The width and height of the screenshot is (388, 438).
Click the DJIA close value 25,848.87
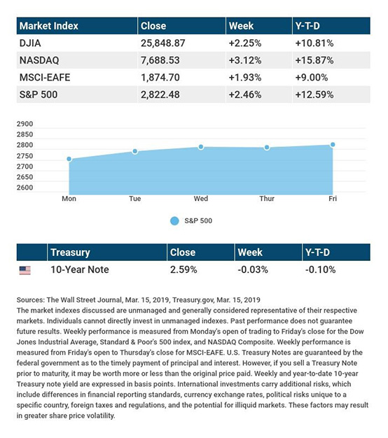pyautogui.click(x=162, y=43)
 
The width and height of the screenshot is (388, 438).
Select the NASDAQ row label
pyautogui.click(x=39, y=60)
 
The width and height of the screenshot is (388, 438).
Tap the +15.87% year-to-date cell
pyautogui.click(x=314, y=60)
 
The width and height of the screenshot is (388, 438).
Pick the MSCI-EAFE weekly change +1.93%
pyautogui.click(x=245, y=78)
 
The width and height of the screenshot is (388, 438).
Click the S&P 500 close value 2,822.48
pyautogui.click(x=160, y=94)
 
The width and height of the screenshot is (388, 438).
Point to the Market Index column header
pyautogui.click(x=49, y=26)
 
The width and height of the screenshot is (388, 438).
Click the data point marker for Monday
pyautogui.click(x=69, y=159)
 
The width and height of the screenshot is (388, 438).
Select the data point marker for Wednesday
pyautogui.click(x=201, y=147)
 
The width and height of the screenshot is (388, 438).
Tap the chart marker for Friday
pyautogui.click(x=333, y=144)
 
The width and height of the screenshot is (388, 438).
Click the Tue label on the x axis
pyautogui.click(x=134, y=199)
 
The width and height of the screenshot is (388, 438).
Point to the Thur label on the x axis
pyautogui.click(x=267, y=199)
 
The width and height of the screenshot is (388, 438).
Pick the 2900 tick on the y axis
pyautogui.click(x=25, y=124)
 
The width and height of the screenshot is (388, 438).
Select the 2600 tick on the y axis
pyautogui.click(x=25, y=188)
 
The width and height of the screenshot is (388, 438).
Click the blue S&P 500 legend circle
pyautogui.click(x=174, y=221)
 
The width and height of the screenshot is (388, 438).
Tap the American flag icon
pyautogui.click(x=25, y=270)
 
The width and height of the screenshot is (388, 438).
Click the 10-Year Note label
pyautogui.click(x=80, y=269)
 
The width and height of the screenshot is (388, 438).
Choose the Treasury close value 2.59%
pyautogui.click(x=183, y=269)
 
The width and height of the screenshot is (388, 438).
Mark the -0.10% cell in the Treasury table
pyautogui.click(x=320, y=269)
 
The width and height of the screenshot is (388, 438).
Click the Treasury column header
pyautogui.click(x=70, y=253)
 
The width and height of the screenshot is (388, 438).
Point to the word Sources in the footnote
pyautogui.click(x=30, y=300)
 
